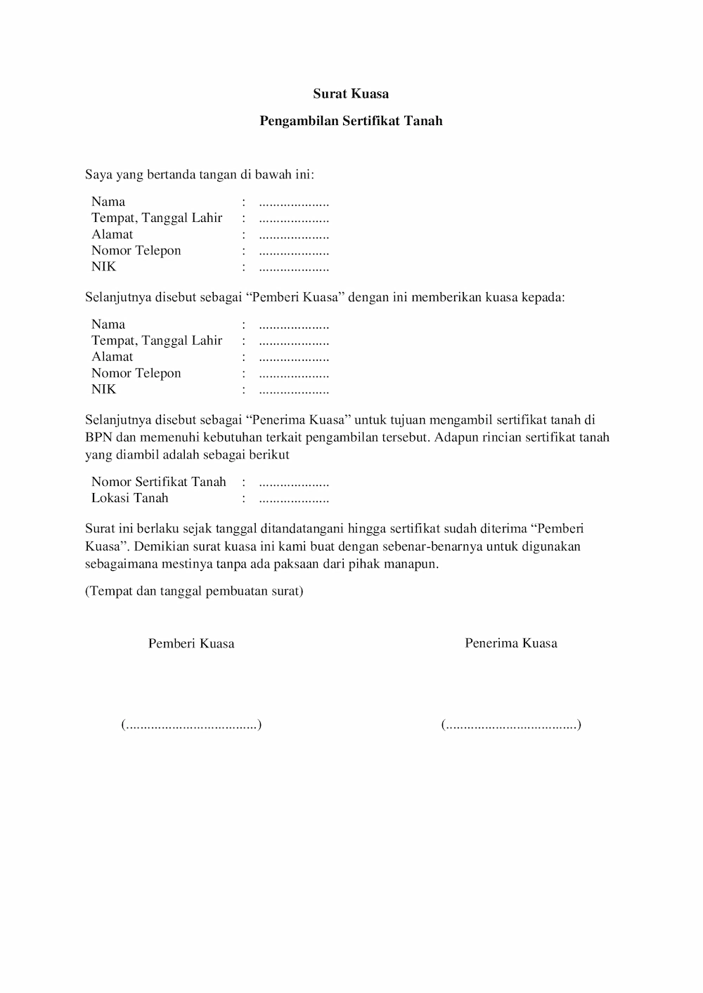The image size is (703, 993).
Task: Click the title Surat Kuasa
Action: (351, 93)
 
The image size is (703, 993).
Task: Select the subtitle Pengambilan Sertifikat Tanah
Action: (351, 121)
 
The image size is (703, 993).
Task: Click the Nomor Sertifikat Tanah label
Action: (159, 482)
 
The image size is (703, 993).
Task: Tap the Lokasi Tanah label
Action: (130, 498)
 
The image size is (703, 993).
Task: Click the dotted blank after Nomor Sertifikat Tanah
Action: (294, 483)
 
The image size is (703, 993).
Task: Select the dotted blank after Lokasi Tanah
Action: (294, 500)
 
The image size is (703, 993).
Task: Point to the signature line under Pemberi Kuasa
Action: (191, 725)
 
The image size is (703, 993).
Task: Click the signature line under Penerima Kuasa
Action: (511, 725)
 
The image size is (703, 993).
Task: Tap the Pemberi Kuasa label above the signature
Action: (191, 643)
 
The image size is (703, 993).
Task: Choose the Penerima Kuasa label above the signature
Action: (511, 643)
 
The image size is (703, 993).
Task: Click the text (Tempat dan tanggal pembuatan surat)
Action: (194, 591)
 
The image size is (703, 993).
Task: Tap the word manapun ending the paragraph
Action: (413, 564)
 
